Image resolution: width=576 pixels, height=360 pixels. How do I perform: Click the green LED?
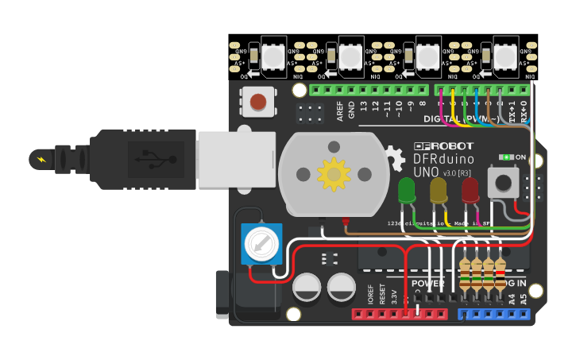406,190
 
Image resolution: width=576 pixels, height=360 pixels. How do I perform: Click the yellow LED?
439,190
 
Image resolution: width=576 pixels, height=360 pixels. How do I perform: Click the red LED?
470,190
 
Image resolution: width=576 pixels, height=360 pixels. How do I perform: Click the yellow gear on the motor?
333,173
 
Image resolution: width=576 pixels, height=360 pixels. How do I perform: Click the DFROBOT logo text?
443,146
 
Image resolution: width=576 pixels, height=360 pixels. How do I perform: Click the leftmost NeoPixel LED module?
272,56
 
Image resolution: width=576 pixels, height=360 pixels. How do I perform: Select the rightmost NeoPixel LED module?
504,56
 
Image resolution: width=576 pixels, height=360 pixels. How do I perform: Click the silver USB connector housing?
236,160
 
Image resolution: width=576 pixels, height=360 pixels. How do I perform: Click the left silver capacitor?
307,287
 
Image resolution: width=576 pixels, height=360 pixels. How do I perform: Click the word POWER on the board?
428,284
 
